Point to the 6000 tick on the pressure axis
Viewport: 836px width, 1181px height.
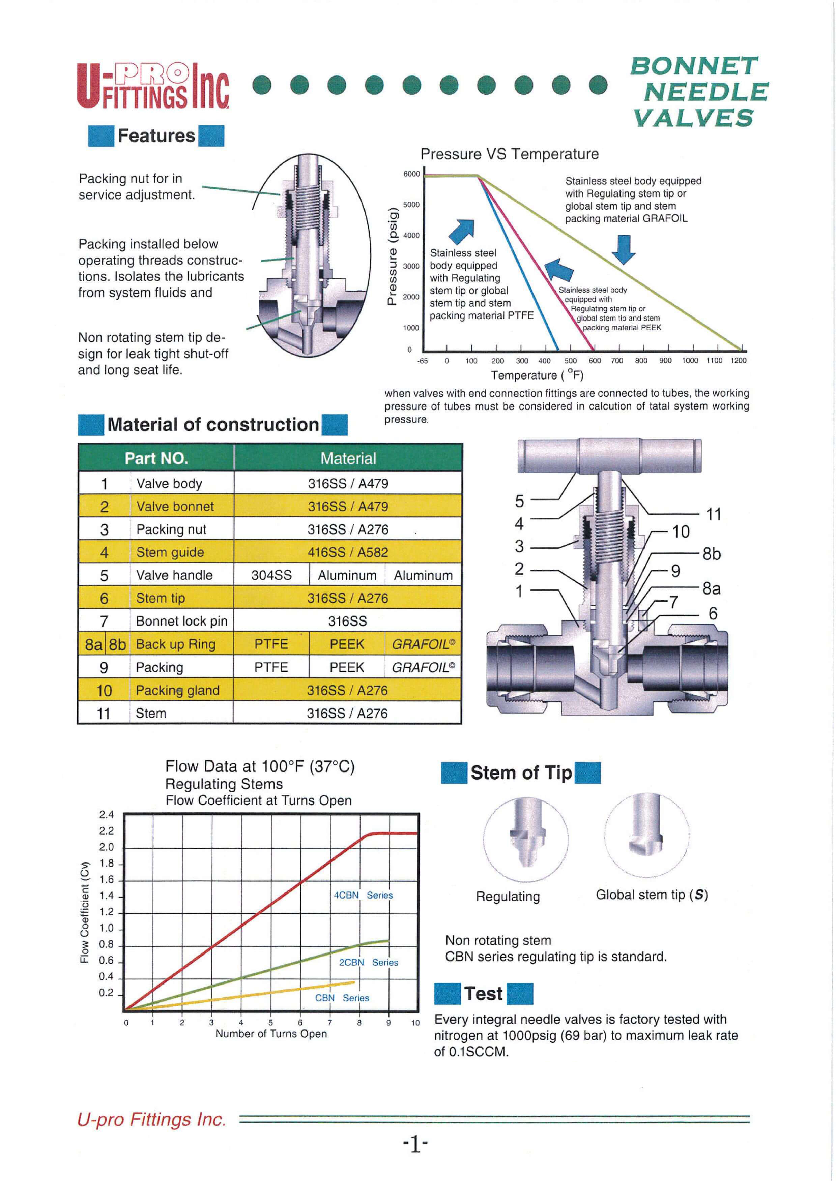coord(411,174)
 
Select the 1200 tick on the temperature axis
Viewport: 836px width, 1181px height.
coord(738,361)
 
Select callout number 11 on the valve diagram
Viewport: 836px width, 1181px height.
coord(714,514)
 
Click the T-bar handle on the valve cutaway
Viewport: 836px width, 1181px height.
coord(609,456)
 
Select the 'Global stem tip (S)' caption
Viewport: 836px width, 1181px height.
coord(651,895)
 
